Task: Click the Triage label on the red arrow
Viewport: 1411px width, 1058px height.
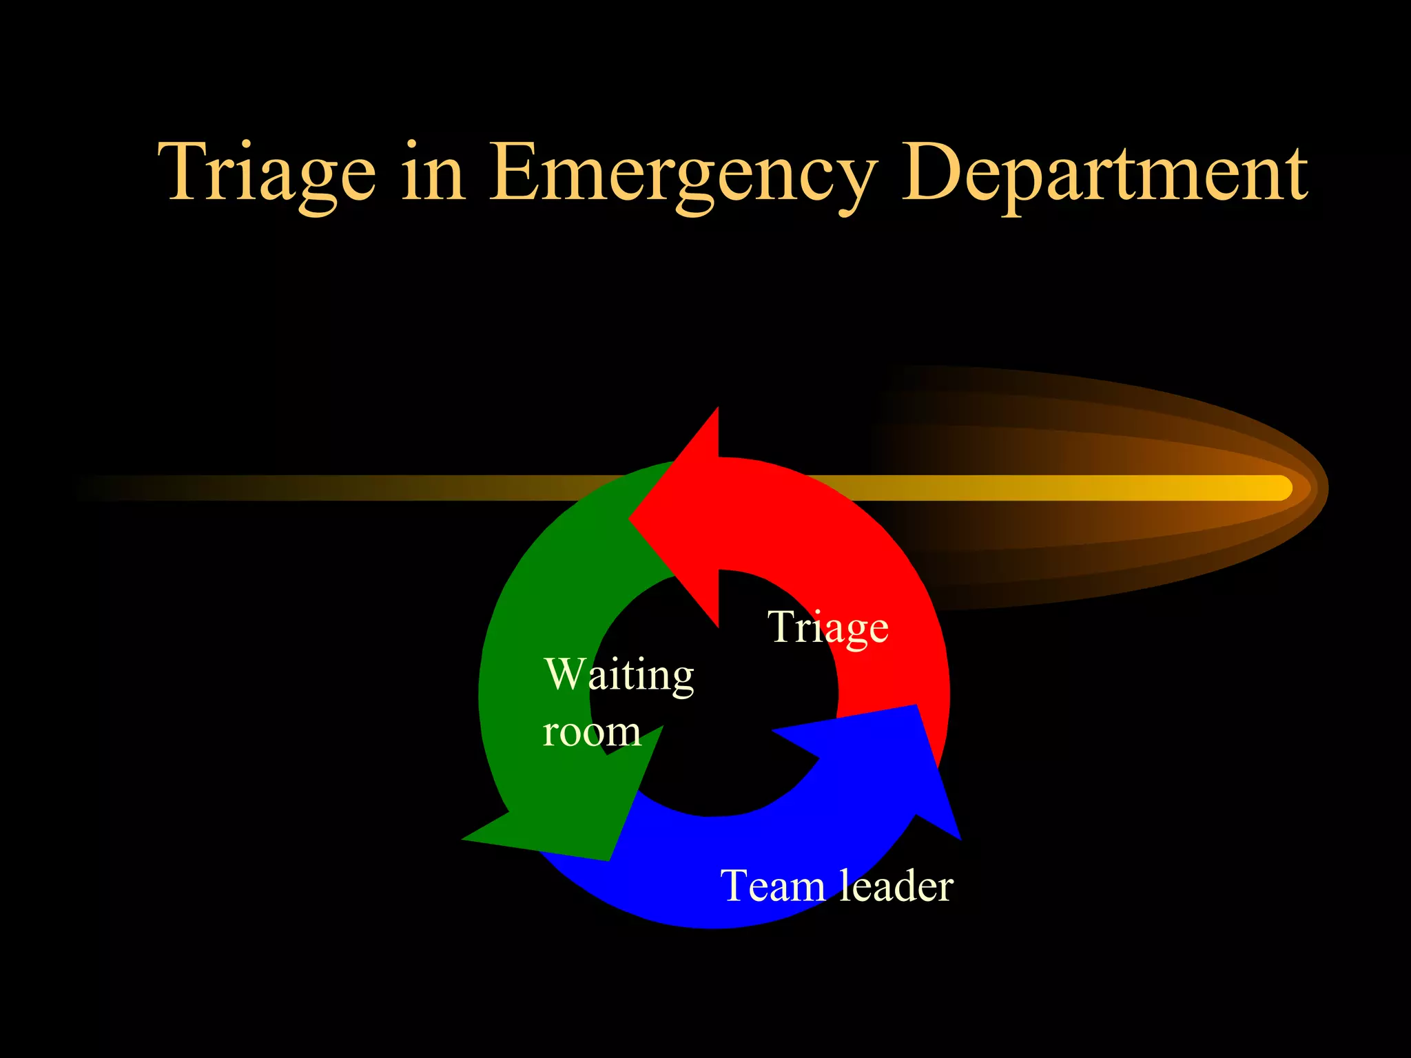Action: [828, 627]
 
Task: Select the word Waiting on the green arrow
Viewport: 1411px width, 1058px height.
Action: [619, 675]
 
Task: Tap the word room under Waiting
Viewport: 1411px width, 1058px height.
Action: [592, 732]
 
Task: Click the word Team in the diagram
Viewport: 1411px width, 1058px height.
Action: [772, 886]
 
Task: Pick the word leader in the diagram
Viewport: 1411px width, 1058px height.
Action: [896, 886]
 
